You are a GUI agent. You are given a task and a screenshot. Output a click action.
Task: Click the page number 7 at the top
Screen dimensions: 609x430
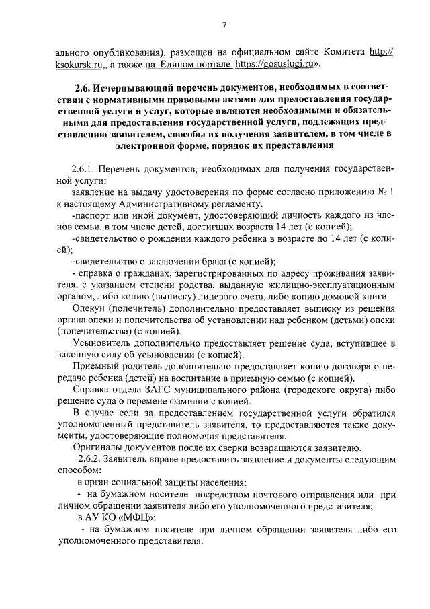225,25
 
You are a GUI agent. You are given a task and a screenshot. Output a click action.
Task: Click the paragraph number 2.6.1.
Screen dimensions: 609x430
84,167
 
